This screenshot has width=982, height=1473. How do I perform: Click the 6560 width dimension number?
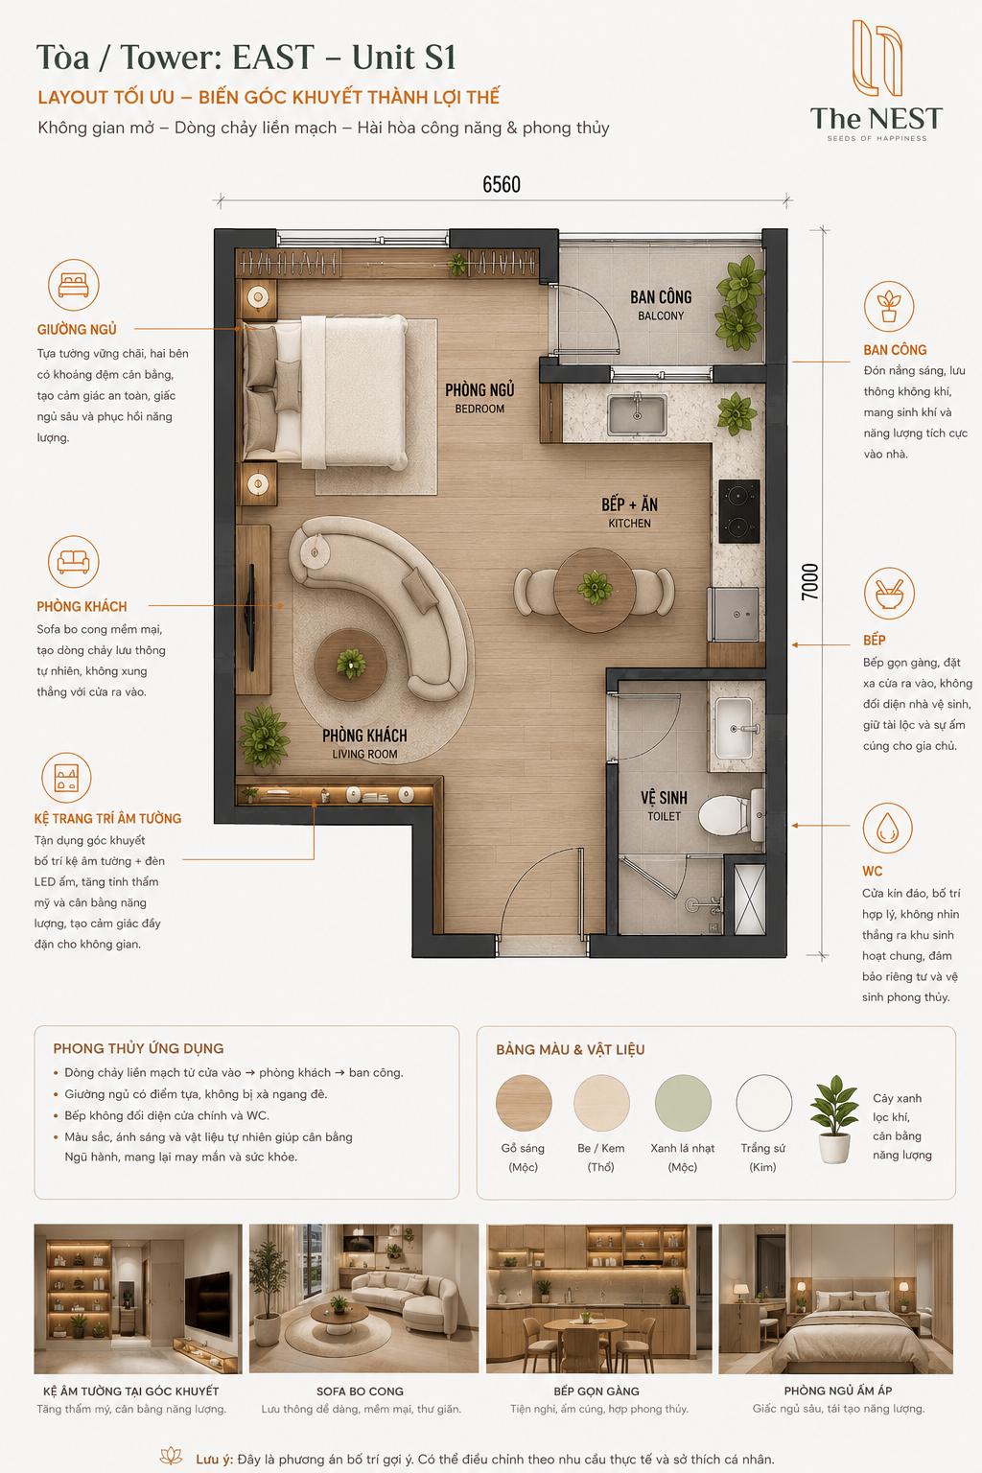(502, 185)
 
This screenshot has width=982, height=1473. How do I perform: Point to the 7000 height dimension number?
(809, 582)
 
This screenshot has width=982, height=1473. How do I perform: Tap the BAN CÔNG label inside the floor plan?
(661, 298)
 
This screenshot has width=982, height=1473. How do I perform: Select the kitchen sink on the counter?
(637, 414)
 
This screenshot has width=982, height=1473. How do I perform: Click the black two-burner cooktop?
(739, 511)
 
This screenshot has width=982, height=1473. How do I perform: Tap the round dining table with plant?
(595, 590)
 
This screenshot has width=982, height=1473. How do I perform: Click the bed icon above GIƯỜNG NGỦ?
(74, 285)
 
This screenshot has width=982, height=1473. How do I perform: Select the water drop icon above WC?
(887, 828)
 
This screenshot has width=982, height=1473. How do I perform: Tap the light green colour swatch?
(683, 1103)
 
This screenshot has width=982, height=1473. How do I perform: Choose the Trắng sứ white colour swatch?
(763, 1103)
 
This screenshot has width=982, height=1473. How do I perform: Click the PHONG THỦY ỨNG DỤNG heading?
(139, 1049)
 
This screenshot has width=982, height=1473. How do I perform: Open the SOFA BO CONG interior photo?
(363, 1298)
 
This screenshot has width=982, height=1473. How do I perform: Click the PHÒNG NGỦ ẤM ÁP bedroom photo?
(835, 1298)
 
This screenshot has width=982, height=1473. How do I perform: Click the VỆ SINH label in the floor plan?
(664, 798)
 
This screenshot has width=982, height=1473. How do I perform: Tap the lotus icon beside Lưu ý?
(171, 1455)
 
